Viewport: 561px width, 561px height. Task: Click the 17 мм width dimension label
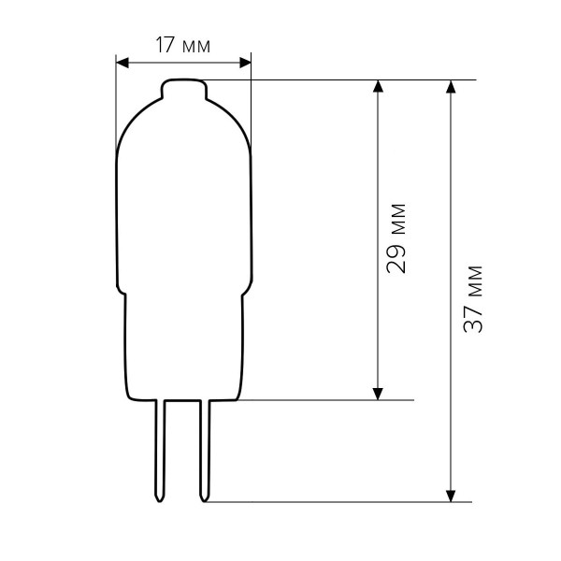click(183, 46)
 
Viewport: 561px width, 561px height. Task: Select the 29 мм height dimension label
click(396, 238)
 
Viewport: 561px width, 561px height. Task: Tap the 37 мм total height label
click(473, 299)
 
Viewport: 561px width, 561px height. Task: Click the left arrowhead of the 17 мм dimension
click(122, 63)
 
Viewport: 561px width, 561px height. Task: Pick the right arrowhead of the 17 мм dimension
click(245, 63)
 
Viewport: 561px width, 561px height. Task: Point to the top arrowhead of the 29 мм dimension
click(378, 87)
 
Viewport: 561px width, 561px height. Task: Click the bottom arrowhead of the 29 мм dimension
click(378, 394)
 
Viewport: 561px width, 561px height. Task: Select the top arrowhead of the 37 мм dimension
click(452, 87)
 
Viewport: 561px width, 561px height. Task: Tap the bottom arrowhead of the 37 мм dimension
click(452, 496)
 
